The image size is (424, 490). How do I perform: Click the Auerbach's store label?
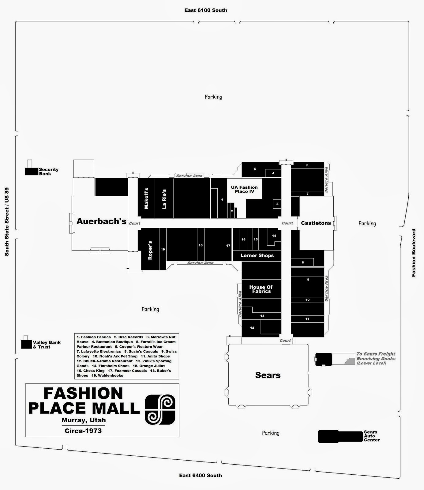[x=101, y=221]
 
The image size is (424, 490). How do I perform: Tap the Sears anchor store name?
[x=268, y=375]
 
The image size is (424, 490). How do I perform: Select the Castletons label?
[x=316, y=223]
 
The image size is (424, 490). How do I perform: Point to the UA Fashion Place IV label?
[x=244, y=189]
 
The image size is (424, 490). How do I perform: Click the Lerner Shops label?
[x=257, y=255]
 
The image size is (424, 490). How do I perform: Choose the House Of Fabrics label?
[x=261, y=289]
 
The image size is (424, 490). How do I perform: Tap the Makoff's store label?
[x=146, y=198]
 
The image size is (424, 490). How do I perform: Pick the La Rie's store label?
[x=164, y=199]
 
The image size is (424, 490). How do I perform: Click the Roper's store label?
[x=150, y=250]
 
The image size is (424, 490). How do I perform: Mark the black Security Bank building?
[x=32, y=171]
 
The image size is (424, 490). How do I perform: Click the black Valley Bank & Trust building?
[x=26, y=344]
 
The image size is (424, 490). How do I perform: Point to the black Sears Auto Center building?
[x=340, y=436]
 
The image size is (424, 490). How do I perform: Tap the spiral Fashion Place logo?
[x=160, y=409]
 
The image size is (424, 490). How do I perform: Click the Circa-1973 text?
[x=83, y=431]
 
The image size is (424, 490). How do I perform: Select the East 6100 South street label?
[x=206, y=10]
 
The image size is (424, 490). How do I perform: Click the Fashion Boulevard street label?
[x=414, y=253]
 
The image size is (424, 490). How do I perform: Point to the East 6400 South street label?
[x=201, y=475]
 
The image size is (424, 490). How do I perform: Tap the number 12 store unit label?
[x=252, y=328]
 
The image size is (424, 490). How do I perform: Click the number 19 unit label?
[x=163, y=249]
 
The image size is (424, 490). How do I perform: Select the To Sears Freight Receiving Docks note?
[x=376, y=358]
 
